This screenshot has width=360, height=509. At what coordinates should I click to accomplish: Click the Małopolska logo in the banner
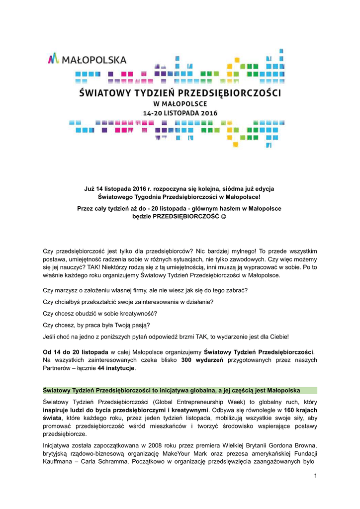87,60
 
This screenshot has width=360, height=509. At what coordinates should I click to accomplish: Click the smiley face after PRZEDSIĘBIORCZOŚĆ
224,217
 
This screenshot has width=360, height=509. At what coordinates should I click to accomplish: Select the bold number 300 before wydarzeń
187,359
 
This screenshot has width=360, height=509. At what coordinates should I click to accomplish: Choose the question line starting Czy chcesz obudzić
100,314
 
